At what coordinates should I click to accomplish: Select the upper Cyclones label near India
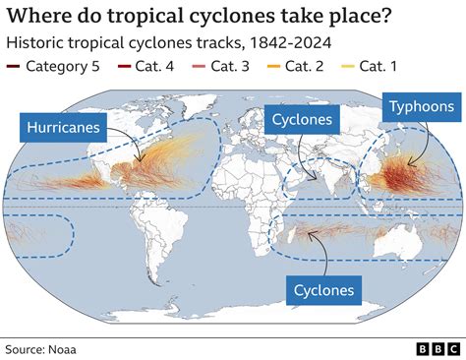(x=303, y=121)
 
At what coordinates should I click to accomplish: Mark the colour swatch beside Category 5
(x=13, y=67)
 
